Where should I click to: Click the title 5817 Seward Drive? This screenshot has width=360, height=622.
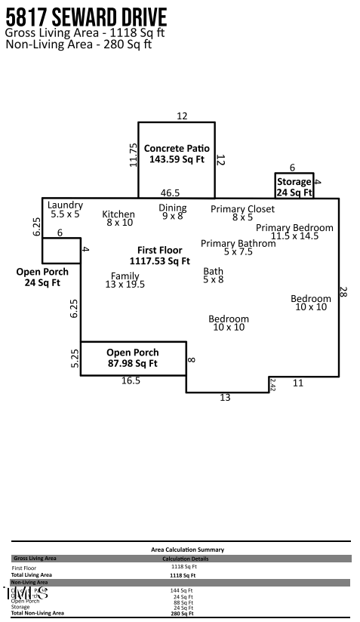(86, 17)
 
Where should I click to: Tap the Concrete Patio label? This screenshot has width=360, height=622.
(177, 154)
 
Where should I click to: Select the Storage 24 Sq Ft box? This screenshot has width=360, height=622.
(294, 187)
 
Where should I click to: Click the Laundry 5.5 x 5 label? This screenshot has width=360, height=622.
(65, 210)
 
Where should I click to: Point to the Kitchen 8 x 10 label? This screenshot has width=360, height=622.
(118, 218)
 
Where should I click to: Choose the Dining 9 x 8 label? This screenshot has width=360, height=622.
(172, 212)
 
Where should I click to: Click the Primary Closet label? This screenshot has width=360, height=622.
(242, 213)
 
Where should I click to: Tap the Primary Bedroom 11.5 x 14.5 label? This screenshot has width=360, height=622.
(294, 232)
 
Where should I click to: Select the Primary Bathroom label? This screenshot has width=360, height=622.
(238, 248)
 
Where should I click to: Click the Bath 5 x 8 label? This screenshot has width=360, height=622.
(214, 276)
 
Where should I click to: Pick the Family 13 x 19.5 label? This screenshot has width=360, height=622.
(125, 280)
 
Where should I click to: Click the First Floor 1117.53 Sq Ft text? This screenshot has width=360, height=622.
(159, 255)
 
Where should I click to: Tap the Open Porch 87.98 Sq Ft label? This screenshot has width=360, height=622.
(132, 358)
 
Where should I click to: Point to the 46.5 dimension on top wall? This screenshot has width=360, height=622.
(170, 193)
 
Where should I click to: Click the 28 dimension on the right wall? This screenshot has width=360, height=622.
(344, 292)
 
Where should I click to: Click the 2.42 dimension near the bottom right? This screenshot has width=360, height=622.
(273, 384)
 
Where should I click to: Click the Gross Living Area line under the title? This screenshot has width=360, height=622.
(85, 33)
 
